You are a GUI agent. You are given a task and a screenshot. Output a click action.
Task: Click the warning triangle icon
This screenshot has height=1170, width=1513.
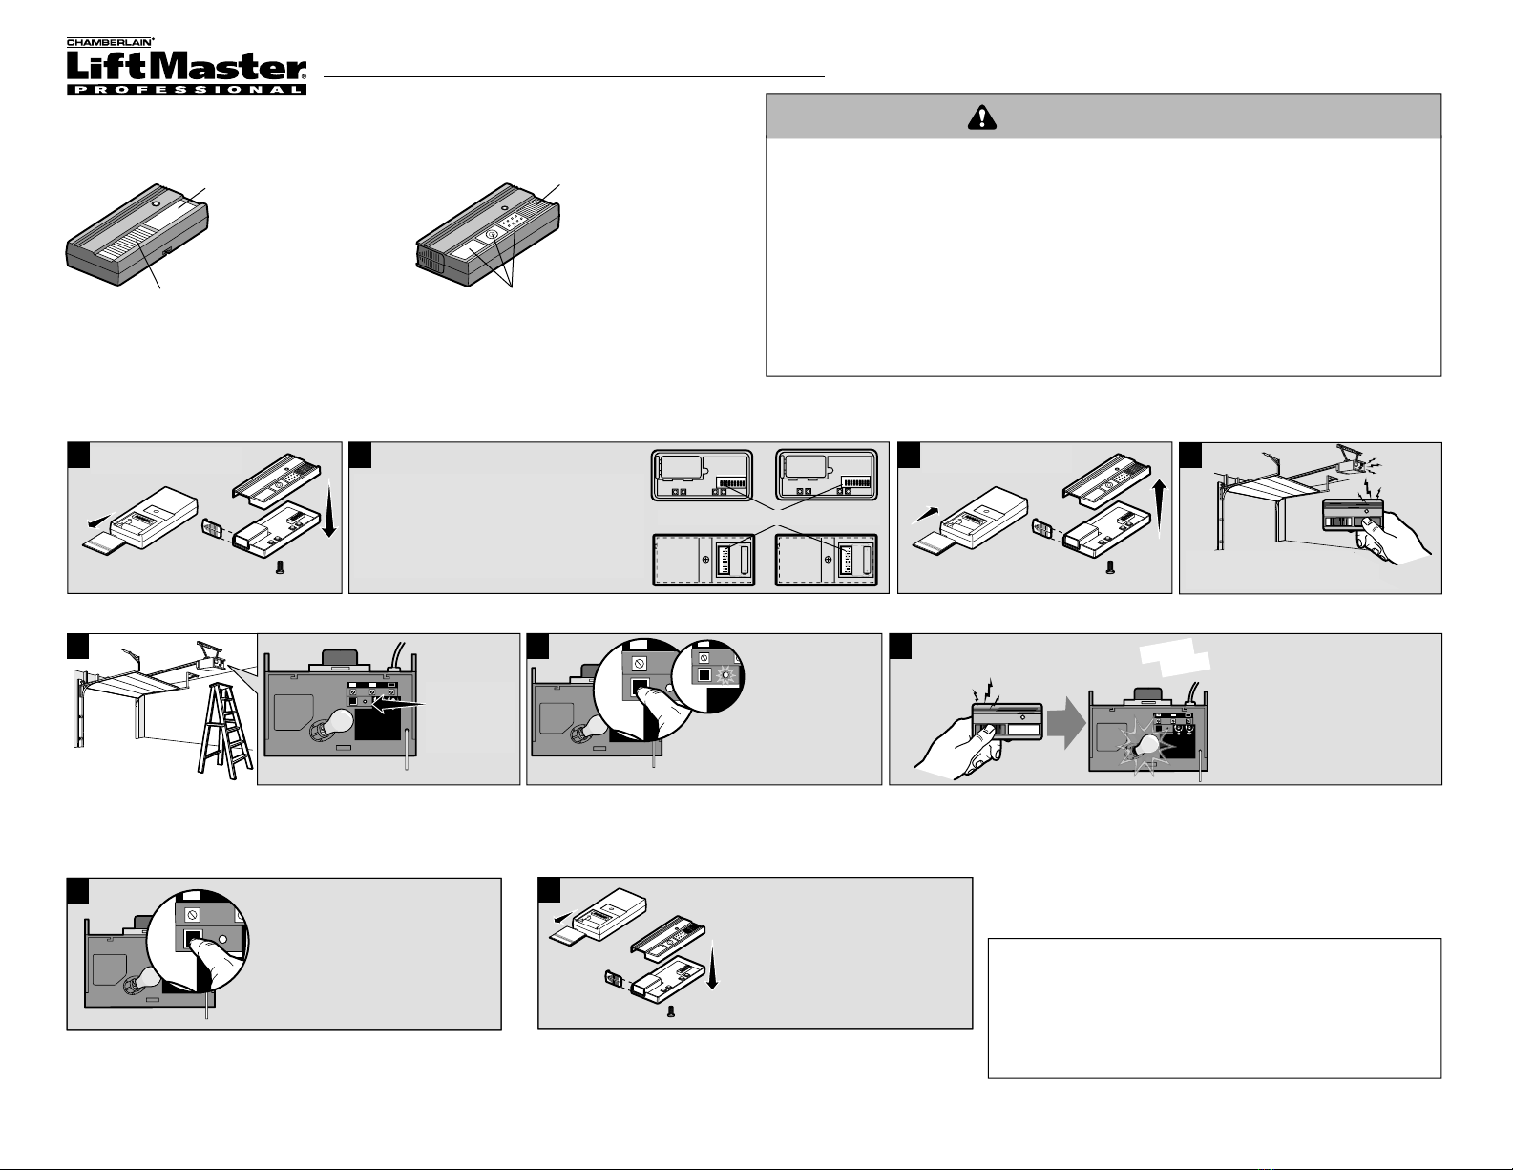click(981, 117)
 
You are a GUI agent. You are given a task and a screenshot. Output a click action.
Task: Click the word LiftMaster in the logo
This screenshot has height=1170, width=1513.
click(186, 67)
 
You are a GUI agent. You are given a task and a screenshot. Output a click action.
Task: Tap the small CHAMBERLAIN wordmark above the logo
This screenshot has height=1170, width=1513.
click(110, 42)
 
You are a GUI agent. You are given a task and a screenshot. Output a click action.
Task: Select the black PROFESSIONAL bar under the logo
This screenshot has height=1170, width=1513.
click(186, 89)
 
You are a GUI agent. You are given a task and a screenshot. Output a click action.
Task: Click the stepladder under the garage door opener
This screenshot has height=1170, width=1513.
click(225, 739)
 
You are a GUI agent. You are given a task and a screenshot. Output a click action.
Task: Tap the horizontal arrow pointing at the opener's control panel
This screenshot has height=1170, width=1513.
click(400, 706)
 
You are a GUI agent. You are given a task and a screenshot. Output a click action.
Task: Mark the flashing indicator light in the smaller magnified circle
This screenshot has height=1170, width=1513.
click(725, 675)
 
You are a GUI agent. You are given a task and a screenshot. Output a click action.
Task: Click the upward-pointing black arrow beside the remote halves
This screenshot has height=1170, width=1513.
click(1159, 508)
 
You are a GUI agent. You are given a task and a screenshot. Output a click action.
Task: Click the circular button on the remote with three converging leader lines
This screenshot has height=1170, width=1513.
click(493, 235)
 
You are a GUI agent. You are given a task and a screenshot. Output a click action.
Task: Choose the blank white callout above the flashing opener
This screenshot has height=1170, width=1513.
click(1175, 657)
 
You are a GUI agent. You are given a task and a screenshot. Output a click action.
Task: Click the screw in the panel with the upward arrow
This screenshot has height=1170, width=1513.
click(1110, 568)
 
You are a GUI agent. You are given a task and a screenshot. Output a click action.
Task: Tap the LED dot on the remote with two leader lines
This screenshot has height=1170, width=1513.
click(156, 205)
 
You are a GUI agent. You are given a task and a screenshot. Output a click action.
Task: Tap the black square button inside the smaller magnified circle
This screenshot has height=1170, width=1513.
click(704, 675)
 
